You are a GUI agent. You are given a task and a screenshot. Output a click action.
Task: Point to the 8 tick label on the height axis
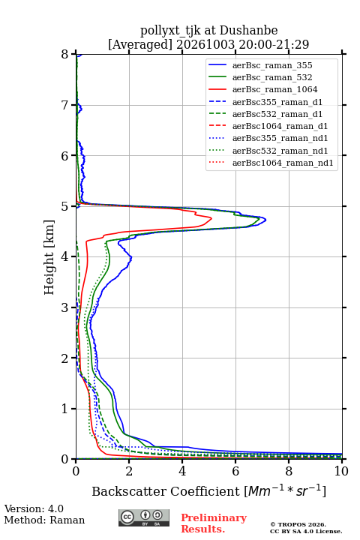[x=65, y=54]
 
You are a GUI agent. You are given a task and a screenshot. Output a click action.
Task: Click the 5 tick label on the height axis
[x=65, y=206]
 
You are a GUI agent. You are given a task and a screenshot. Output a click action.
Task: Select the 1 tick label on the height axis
[x=65, y=409]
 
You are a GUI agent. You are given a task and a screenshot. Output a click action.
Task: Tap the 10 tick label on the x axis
[x=341, y=471]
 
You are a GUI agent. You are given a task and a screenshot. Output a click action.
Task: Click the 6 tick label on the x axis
[x=235, y=471]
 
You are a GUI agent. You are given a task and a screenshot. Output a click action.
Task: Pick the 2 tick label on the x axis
[x=129, y=471]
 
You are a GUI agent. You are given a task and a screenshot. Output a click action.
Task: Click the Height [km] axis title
[x=49, y=257]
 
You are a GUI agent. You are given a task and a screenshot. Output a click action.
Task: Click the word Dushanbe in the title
[x=248, y=31]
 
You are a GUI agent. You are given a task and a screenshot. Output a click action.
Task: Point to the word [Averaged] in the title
[x=140, y=44]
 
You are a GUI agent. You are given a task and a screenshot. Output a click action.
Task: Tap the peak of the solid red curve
[x=211, y=218]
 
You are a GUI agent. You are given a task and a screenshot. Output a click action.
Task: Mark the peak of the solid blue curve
[x=265, y=220]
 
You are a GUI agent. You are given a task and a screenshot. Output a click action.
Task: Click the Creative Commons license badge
[x=144, y=517]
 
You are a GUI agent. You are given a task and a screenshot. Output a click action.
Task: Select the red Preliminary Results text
[x=214, y=523]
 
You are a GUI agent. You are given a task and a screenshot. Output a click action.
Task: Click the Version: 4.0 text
[x=34, y=508]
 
